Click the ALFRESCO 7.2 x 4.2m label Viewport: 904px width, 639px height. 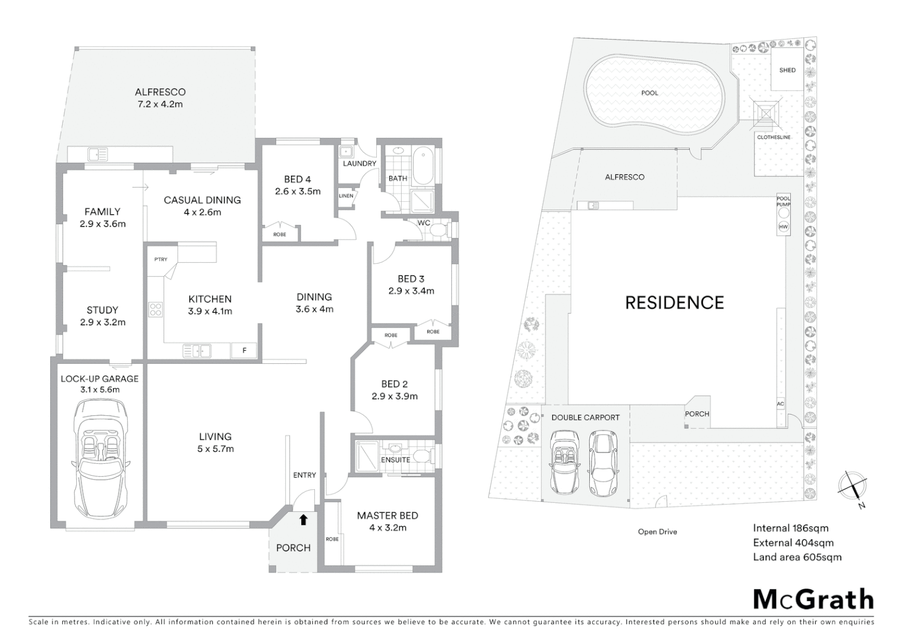[x=160, y=98]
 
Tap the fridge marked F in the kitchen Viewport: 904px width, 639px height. [x=244, y=351]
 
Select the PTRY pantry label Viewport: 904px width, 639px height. [x=160, y=260]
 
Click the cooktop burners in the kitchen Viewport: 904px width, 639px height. [x=156, y=309]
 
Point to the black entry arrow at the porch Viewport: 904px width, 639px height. [x=304, y=520]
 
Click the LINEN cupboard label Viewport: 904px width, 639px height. [x=346, y=196]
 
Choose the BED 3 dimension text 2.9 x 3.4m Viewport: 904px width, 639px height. [x=411, y=291]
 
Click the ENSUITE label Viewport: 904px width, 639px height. [x=395, y=460]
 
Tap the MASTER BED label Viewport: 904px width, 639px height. [x=388, y=516]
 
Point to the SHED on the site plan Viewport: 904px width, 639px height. [x=787, y=70]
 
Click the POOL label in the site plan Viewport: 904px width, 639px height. [x=649, y=93]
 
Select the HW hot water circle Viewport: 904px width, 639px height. [x=783, y=227]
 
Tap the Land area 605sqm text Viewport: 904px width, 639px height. [x=797, y=557]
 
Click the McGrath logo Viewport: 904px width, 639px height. [x=813, y=599]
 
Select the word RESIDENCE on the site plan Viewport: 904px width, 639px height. [x=674, y=303]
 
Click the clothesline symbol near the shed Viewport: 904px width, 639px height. [x=766, y=112]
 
